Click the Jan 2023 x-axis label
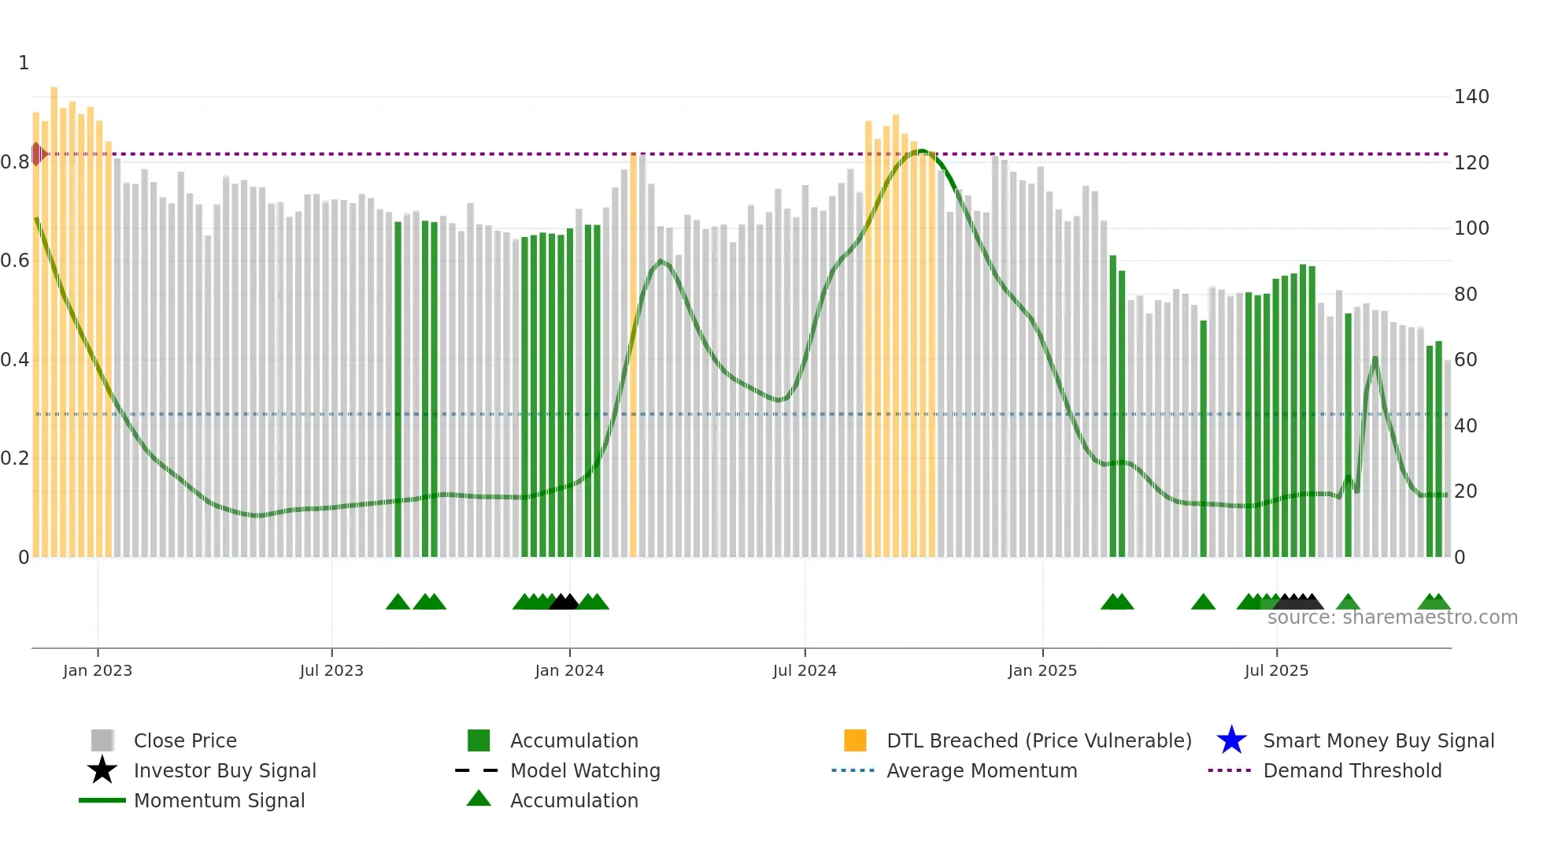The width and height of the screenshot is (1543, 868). (x=98, y=670)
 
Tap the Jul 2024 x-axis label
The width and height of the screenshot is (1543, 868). (x=805, y=670)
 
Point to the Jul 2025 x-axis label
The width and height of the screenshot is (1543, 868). (x=1276, y=670)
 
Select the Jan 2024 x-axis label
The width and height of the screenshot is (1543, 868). (x=569, y=670)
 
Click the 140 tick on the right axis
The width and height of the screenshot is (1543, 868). (x=1471, y=97)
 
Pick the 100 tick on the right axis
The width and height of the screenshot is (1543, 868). (x=1471, y=228)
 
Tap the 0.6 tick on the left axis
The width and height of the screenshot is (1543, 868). (x=15, y=261)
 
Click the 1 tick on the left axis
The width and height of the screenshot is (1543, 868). (x=24, y=63)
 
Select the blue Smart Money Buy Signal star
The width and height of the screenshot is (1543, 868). (x=1231, y=740)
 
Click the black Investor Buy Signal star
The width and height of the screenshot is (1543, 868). (x=102, y=770)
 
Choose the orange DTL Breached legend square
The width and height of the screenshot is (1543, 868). (x=855, y=740)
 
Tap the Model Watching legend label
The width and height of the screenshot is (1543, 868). (x=585, y=770)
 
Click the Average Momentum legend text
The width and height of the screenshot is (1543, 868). (x=982, y=770)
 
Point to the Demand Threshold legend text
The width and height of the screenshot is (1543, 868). (x=1352, y=770)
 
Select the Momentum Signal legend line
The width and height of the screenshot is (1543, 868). (x=102, y=800)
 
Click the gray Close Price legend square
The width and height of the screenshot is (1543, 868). (x=102, y=740)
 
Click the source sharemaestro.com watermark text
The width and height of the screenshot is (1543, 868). (x=1392, y=618)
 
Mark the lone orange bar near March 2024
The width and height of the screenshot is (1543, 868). (x=633, y=354)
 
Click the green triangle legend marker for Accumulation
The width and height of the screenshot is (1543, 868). (x=479, y=799)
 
